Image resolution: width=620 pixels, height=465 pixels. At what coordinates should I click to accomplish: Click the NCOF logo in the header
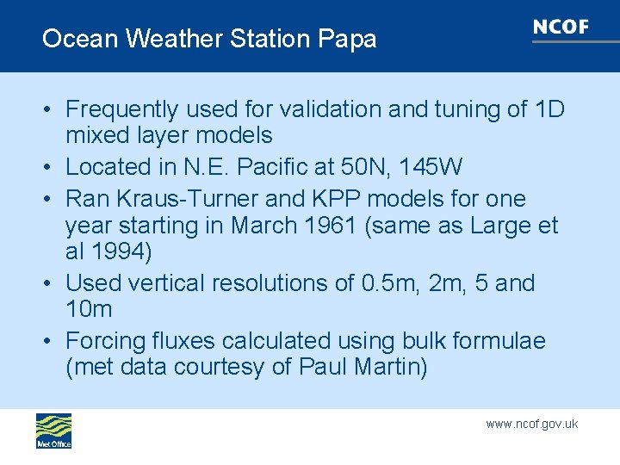(561, 28)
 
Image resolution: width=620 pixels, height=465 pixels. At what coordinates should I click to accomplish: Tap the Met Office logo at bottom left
(53, 431)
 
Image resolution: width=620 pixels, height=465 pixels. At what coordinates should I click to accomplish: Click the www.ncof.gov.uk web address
(531, 424)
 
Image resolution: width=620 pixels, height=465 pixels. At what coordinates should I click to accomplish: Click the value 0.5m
(392, 283)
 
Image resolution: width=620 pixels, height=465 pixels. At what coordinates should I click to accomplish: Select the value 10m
(89, 309)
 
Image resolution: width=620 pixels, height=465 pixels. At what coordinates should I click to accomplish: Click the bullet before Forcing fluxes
(51, 342)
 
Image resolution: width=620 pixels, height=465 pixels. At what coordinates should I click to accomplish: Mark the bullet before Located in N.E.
(51, 167)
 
